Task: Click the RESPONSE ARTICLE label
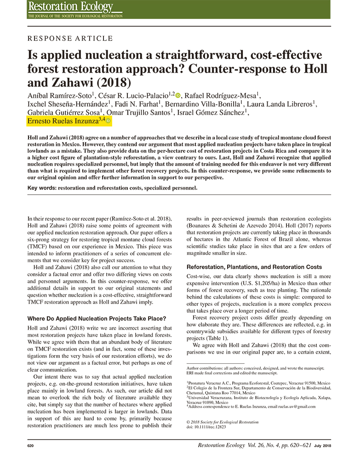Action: [x=70, y=39]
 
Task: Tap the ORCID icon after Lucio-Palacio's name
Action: [x=178, y=96]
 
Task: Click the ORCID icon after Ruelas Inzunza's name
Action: [x=109, y=121]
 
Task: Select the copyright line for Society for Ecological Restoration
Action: [x=223, y=422]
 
